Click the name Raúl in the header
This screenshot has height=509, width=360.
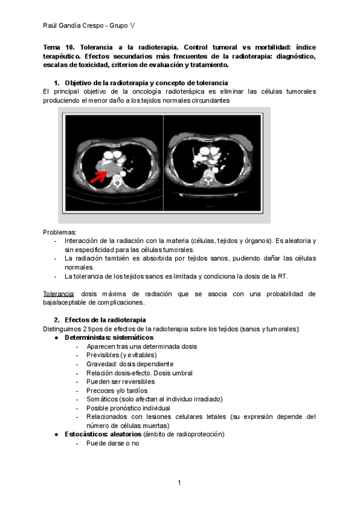tap(52, 25)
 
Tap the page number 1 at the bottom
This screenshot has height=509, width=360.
tap(179, 483)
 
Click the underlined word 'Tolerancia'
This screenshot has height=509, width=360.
tap(58, 294)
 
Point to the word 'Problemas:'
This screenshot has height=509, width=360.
tap(59, 232)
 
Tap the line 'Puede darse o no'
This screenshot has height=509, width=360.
tap(113, 445)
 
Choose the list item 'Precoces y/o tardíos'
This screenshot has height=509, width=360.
tap(116, 390)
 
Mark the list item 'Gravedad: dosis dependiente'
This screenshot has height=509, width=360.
tap(130, 364)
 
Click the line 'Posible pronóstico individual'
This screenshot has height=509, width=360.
tap(128, 408)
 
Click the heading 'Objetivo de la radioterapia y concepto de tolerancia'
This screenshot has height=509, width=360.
tap(146, 82)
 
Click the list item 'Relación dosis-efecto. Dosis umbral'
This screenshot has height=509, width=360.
tap(139, 373)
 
